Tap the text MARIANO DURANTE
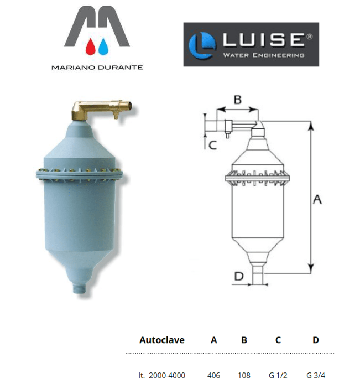coord(97,67)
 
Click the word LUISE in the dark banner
coord(262,41)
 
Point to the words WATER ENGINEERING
coord(263,55)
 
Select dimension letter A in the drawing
coord(317,200)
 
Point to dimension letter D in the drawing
coord(238,276)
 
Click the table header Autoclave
coord(161,340)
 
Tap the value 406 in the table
coord(213,375)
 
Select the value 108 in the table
coord(244,375)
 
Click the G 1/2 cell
coord(278,375)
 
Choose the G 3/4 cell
coord(316,375)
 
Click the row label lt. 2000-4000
coord(162,375)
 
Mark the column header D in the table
coord(316,340)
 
